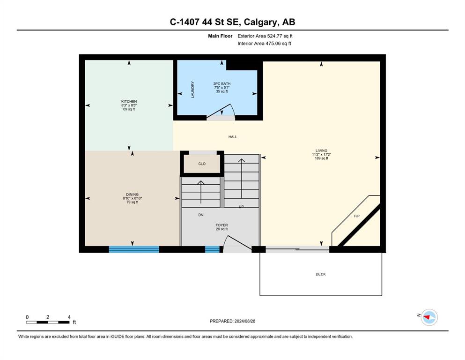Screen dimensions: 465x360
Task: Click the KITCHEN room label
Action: coord(129,102)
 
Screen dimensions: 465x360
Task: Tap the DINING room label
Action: coord(132,195)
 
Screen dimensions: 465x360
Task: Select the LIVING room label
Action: coord(321,150)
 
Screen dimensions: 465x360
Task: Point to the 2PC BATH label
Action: coord(222,84)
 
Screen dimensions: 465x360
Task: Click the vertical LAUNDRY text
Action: coord(193,90)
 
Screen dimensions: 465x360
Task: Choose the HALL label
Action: coord(233,137)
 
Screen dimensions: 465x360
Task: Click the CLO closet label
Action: coord(202,164)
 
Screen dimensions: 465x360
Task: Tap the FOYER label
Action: coord(222,225)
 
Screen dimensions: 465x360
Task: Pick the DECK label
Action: coord(321,274)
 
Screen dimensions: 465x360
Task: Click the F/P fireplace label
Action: coord(357,216)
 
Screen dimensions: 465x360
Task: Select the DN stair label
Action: coord(201,215)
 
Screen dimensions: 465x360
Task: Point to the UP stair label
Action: coord(241,207)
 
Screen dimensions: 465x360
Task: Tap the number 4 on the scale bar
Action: coord(69,317)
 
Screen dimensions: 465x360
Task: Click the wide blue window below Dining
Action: coord(134,249)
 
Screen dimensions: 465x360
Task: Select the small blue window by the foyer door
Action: coord(212,249)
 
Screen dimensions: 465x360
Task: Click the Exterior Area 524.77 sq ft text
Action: coord(265,36)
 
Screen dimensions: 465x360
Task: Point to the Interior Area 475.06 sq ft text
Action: coord(264,43)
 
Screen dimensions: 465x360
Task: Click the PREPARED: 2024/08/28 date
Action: coord(232,321)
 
